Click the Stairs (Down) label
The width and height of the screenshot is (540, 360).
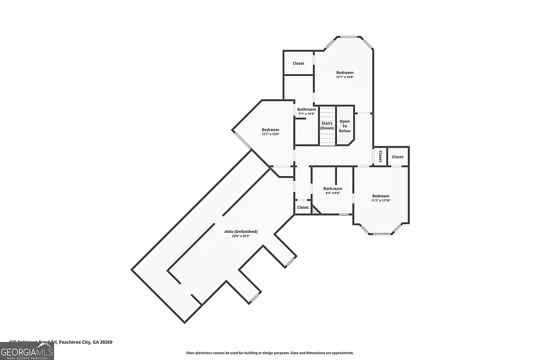(327, 125)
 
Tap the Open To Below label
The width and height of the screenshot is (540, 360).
(344, 126)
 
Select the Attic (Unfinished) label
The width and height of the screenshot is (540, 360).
(240, 231)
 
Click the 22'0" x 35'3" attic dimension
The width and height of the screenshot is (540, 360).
(240, 236)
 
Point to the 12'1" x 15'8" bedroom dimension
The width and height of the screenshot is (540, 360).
(345, 77)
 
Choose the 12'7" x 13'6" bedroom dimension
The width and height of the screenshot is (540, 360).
(270, 134)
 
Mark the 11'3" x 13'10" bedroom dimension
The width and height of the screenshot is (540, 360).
(380, 200)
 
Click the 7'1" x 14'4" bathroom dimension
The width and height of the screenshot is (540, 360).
(306, 114)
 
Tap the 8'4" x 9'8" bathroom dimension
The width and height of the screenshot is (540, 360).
(333, 193)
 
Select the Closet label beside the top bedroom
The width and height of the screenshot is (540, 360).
(298, 63)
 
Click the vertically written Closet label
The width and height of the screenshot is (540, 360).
(380, 157)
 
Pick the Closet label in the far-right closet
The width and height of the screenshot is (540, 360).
(398, 157)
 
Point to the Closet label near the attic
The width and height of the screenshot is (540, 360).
(303, 207)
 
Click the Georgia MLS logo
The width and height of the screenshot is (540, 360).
(27, 351)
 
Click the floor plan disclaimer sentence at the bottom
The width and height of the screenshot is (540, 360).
(269, 353)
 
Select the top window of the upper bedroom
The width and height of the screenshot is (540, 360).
(349, 37)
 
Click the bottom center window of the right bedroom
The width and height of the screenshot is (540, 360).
(381, 233)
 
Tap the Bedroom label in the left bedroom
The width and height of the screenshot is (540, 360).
(270, 130)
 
